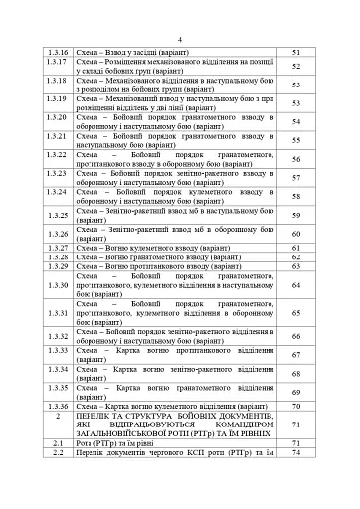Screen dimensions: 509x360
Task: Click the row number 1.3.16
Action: pos(57,51)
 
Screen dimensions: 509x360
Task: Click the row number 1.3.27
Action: pos(57,246)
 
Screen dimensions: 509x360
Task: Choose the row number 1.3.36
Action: pos(57,407)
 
